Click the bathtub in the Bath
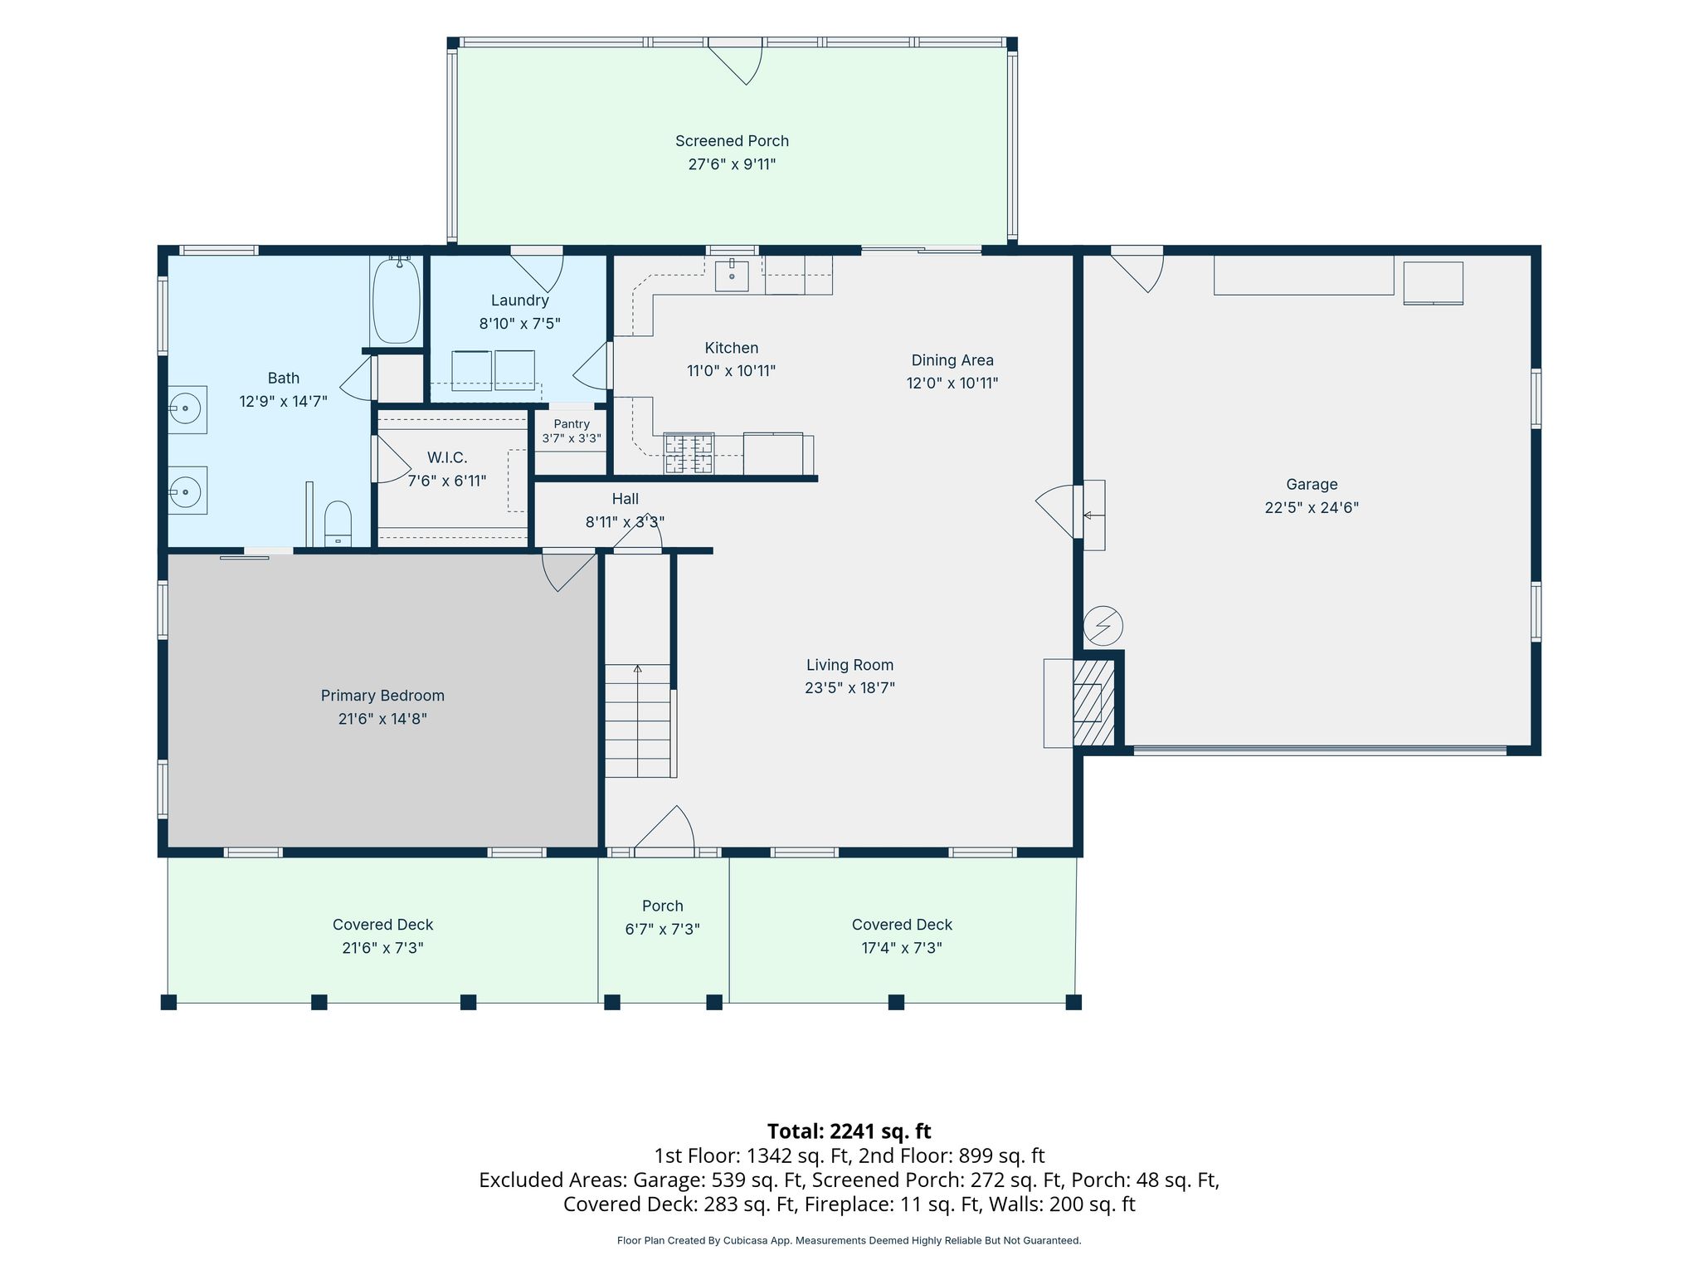(396, 300)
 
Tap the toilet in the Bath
(338, 523)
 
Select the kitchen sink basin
(732, 275)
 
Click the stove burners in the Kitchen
(689, 453)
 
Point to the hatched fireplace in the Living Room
(1093, 703)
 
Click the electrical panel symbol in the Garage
(1103, 626)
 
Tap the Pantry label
(572, 424)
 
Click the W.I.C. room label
(447, 457)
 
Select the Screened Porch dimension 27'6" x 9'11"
(732, 164)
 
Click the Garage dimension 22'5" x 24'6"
(1312, 508)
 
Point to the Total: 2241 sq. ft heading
(849, 1131)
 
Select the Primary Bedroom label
(382, 696)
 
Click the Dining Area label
(952, 360)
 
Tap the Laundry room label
(520, 300)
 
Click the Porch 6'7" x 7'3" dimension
(662, 930)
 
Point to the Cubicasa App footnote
(849, 1241)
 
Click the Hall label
(626, 499)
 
